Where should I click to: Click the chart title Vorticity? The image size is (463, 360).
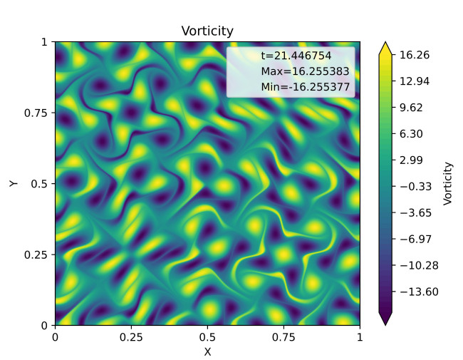tap(207, 31)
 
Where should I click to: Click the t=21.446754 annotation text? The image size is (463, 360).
tap(296, 56)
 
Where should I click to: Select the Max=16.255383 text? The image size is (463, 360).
tap(306, 71)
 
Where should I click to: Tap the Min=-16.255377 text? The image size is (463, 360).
tap(306, 87)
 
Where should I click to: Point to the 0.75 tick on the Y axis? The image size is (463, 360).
tap(36, 113)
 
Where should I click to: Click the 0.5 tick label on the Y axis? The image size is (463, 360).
tap(39, 184)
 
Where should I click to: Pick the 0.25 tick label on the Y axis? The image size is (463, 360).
tap(36, 254)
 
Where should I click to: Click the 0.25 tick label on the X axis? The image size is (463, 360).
tap(131, 337)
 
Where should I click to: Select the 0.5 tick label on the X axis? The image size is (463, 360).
tap(207, 337)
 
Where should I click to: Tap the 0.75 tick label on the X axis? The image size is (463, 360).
tap(283, 337)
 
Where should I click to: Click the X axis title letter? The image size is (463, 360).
tap(207, 351)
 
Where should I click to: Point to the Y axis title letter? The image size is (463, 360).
tap(14, 183)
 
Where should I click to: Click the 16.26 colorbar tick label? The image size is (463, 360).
tap(415, 55)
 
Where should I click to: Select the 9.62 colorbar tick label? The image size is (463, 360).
tap(411, 108)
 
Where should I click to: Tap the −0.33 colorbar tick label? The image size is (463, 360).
tap(416, 187)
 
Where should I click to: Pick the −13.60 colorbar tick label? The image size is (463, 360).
tap(419, 292)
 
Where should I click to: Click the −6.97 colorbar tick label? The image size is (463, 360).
tap(416, 239)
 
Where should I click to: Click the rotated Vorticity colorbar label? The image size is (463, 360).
tap(448, 183)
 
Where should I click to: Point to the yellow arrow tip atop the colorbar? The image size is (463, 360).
tap(385, 43)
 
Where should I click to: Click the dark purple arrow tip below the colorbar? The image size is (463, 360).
tap(385, 324)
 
